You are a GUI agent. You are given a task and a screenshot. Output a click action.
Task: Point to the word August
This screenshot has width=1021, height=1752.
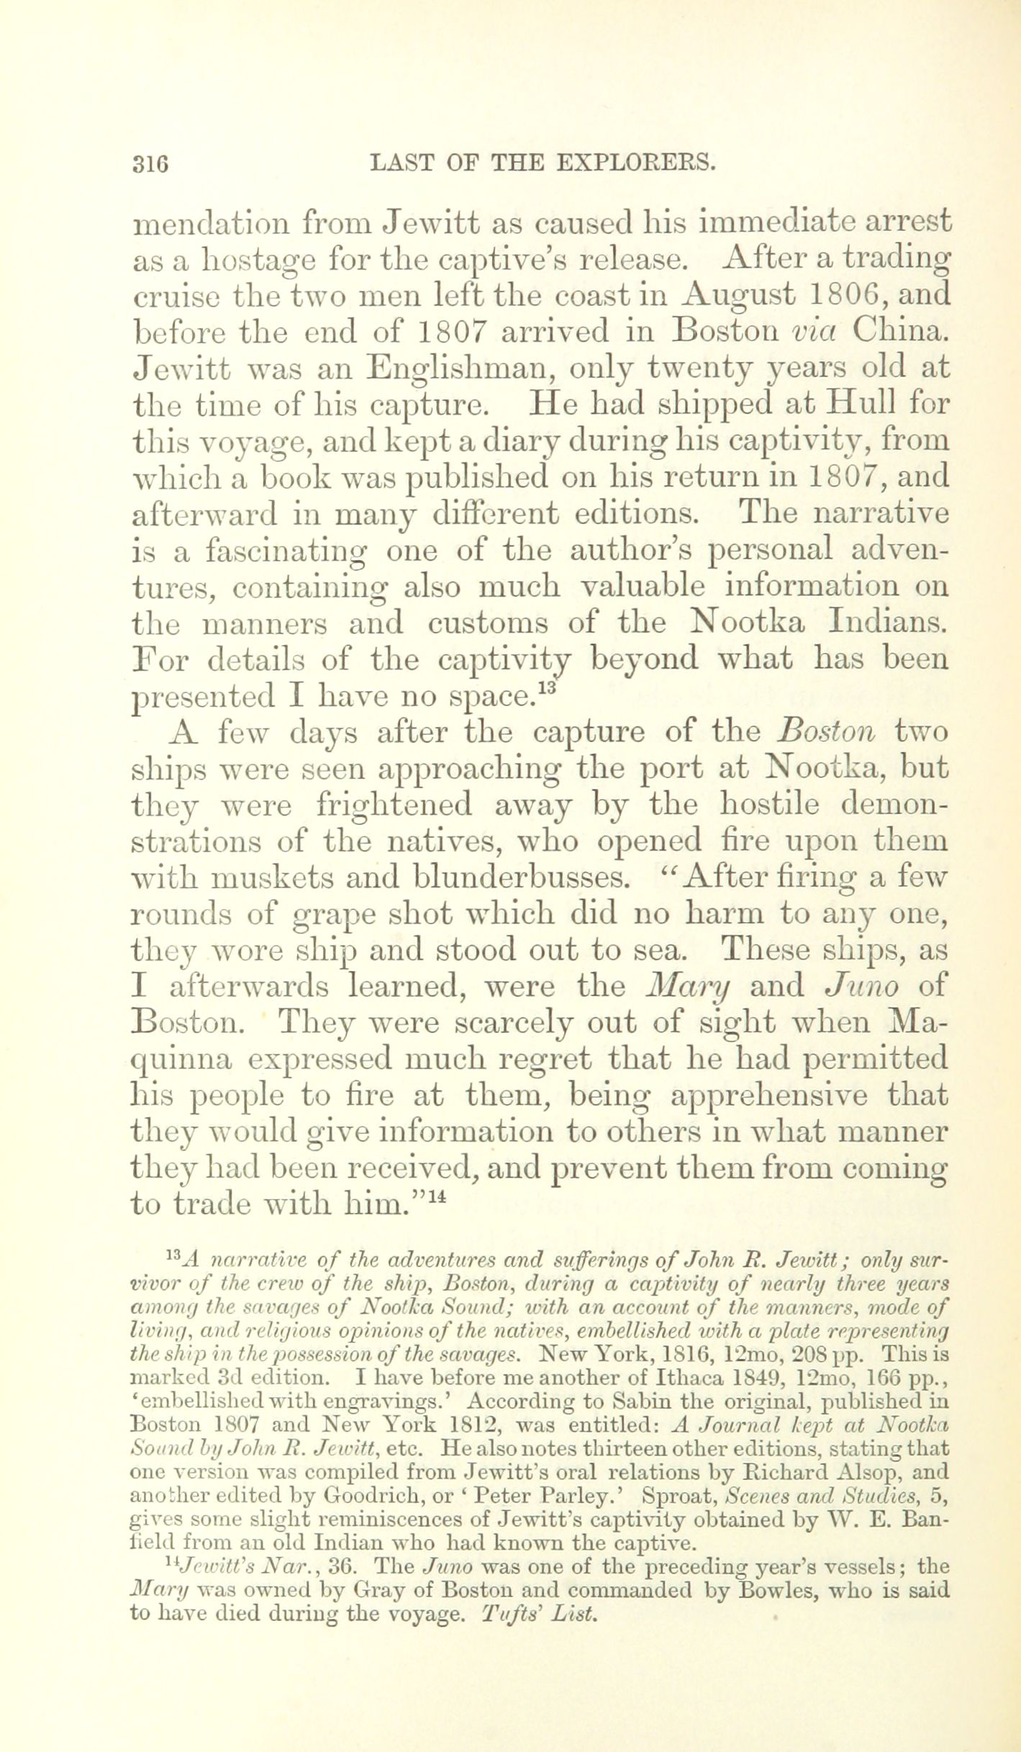[739, 294]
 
